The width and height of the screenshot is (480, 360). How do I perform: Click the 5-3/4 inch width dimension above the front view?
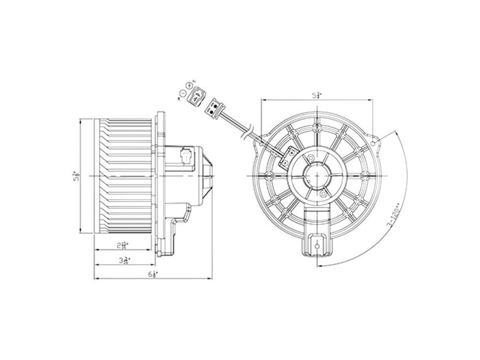pos(316,95)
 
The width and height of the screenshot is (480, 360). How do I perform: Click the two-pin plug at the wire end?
pos(213,109)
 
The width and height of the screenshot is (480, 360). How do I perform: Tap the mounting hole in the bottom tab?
pos(316,245)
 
